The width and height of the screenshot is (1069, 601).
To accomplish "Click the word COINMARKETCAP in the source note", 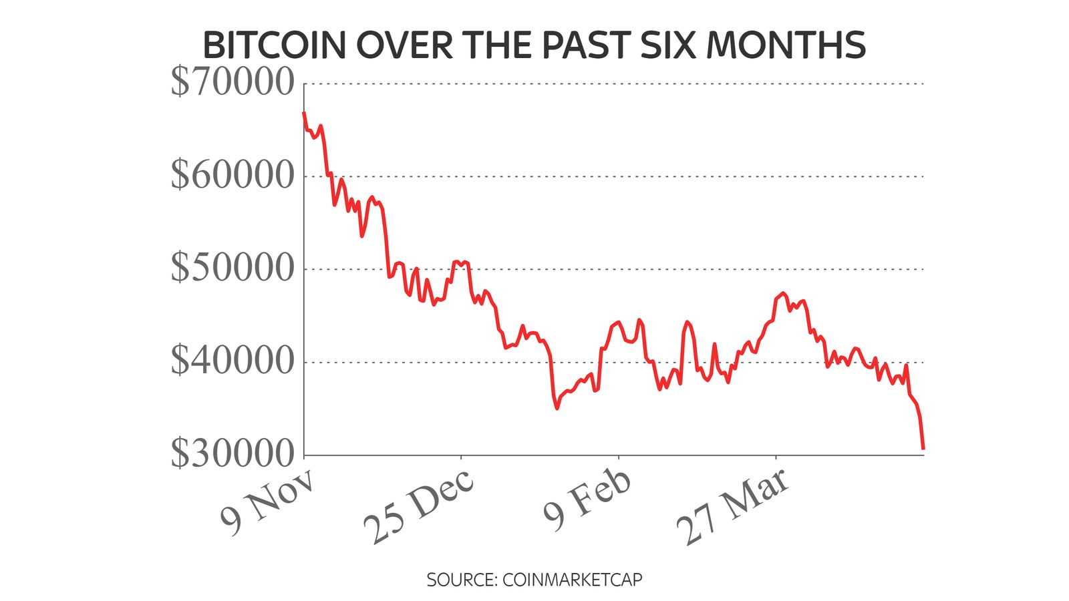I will tap(572, 579).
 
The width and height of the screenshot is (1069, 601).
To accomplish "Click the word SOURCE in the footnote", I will tap(460, 579).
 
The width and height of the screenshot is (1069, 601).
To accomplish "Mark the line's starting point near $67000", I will tap(304, 113).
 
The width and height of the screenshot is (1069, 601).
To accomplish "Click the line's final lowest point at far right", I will tap(923, 448).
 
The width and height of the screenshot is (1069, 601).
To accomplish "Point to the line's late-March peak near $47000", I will tap(783, 293).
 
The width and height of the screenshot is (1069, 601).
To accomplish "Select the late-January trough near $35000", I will tap(557, 408).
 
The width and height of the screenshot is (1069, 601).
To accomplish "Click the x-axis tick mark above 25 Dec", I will tap(461, 459).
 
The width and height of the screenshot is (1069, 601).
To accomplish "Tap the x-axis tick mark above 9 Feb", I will tap(619, 459).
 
